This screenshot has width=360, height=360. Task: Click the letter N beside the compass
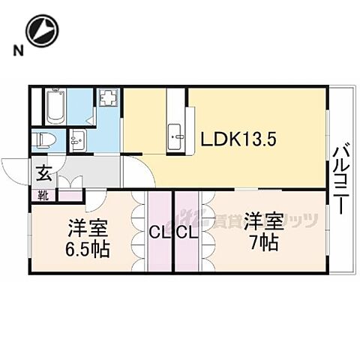(16, 51)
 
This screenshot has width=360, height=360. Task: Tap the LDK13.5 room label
(238, 139)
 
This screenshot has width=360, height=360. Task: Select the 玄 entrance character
(43, 175)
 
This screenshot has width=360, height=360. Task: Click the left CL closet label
(158, 233)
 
